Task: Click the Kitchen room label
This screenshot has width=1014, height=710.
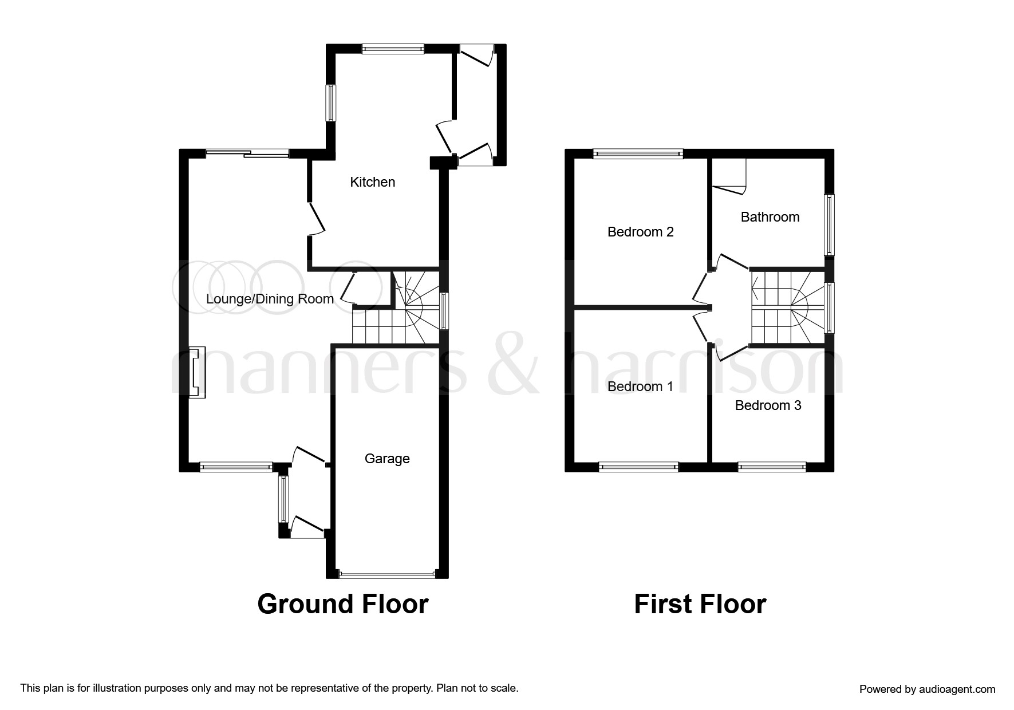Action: pyautogui.click(x=372, y=182)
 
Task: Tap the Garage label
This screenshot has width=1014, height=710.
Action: pyautogui.click(x=387, y=459)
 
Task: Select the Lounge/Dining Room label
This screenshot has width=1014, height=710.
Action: pyautogui.click(x=270, y=299)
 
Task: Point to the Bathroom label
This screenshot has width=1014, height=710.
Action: pyautogui.click(x=770, y=217)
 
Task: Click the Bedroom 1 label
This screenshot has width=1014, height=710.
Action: pyautogui.click(x=640, y=386)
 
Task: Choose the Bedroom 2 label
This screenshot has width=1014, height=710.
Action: pyautogui.click(x=640, y=232)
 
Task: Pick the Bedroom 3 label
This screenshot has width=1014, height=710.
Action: pyautogui.click(x=768, y=405)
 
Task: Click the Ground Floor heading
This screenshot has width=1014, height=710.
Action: pyautogui.click(x=342, y=605)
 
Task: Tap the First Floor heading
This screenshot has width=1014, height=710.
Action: pyautogui.click(x=700, y=605)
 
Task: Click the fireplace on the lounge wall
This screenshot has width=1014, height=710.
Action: pyautogui.click(x=197, y=372)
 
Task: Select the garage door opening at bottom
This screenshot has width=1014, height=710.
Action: pyautogui.click(x=387, y=573)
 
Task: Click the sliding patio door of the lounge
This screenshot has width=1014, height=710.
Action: pyautogui.click(x=247, y=153)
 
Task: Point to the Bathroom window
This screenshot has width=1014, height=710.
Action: pyautogui.click(x=828, y=224)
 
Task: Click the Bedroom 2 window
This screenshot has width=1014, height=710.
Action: pyautogui.click(x=638, y=153)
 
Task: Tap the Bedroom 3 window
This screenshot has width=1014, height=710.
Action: pyautogui.click(x=771, y=467)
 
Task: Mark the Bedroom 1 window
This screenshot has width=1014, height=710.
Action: pyautogui.click(x=638, y=467)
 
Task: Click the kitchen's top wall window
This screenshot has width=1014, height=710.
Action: pyautogui.click(x=393, y=49)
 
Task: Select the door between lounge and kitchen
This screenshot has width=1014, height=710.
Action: pyautogui.click(x=317, y=218)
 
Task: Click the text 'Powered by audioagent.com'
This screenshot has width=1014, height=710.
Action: pyautogui.click(x=927, y=689)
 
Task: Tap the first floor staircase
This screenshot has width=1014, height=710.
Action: pyautogui.click(x=787, y=308)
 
